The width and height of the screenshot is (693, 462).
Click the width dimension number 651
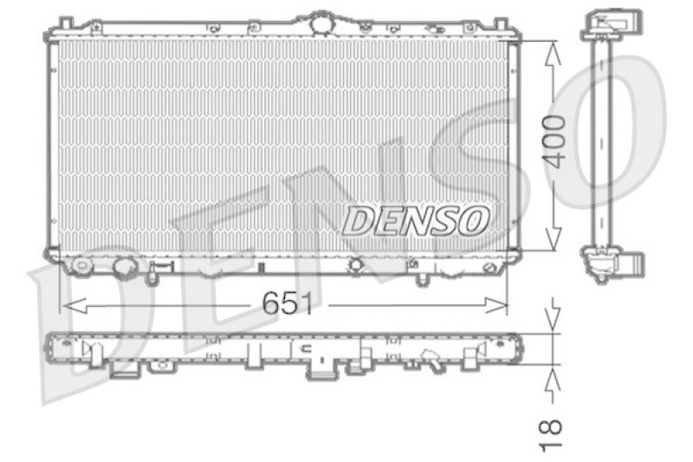click(x=288, y=303)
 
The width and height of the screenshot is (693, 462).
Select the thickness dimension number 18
click(x=550, y=436)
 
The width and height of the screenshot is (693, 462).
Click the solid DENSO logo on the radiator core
click(x=416, y=221)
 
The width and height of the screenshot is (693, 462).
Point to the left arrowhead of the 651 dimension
click(x=74, y=305)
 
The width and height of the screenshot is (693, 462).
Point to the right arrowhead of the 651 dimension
click(x=495, y=305)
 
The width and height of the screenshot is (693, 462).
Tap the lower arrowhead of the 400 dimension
click(x=553, y=238)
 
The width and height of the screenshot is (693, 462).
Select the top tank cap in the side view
click(x=612, y=25)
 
